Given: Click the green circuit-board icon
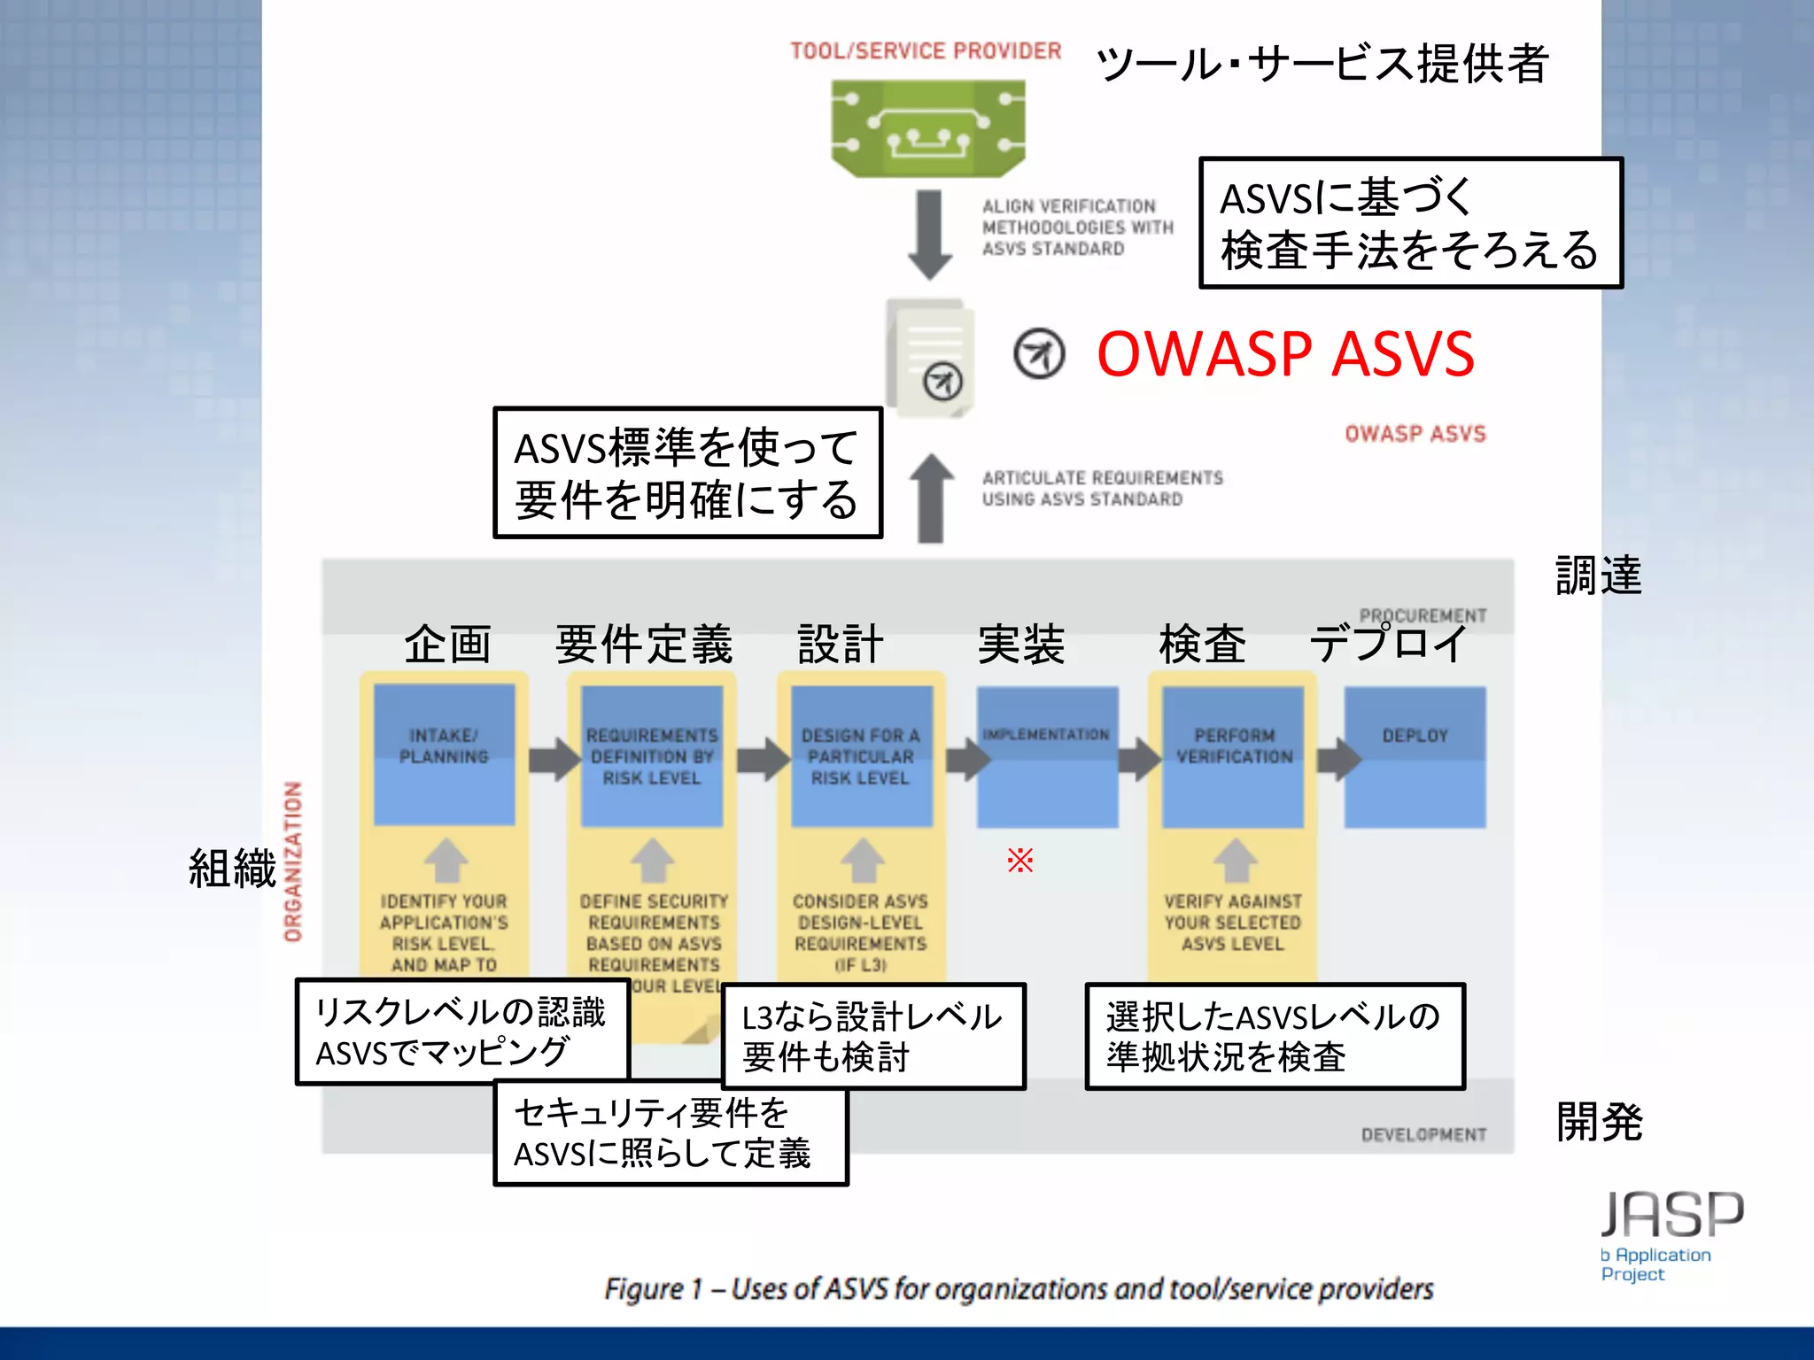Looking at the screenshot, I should pos(927,128).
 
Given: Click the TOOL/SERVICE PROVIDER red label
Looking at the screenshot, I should pos(926,51).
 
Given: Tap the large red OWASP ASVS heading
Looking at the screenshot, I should pos(1285,354).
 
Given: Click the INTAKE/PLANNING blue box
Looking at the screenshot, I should pos(444,754).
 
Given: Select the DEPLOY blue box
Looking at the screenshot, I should pos(1415,757).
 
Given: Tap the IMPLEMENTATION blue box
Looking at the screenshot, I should pos(1047,757).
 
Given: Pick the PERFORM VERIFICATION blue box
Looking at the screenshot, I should pos(1233,757).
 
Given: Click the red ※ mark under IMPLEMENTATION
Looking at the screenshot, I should pos(1019,860).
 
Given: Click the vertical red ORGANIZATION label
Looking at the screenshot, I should pos(293,861).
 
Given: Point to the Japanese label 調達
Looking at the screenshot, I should pos(1598,576).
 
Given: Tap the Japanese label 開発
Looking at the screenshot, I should pos(1599,1122).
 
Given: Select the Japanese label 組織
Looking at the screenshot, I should pos(232,868).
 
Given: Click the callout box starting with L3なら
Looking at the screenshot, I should pos(873,1036).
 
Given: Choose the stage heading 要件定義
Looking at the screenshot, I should pos(644,644).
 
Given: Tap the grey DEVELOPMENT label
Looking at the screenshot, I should pos(1423,1135).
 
